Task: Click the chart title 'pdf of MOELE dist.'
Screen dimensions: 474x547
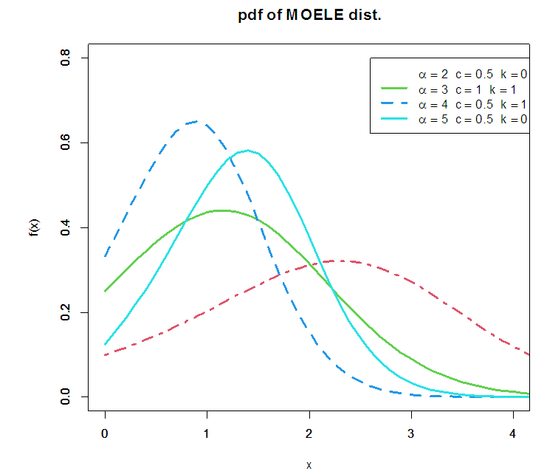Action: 310,16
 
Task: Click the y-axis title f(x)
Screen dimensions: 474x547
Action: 34,227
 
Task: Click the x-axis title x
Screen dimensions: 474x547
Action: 309,465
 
